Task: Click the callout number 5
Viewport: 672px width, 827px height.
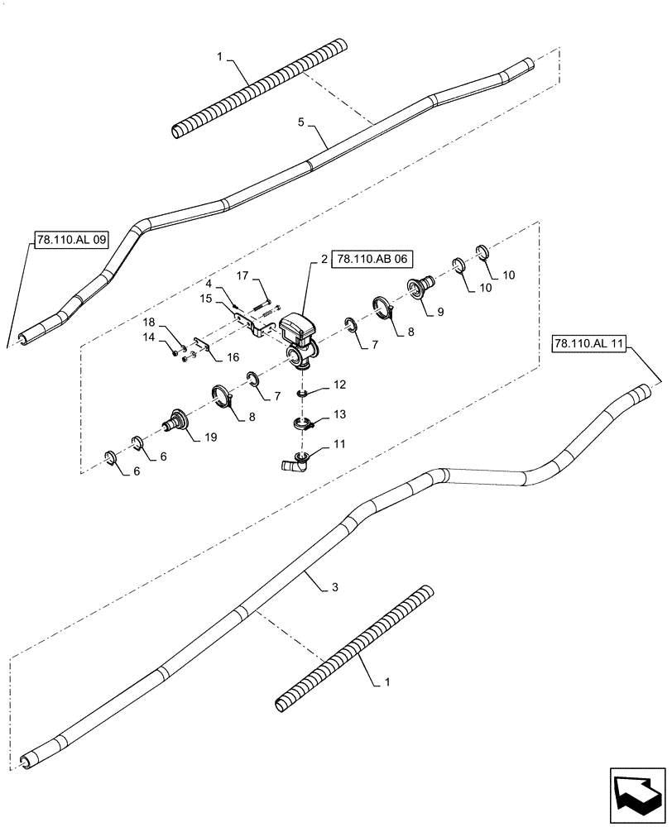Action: click(x=301, y=122)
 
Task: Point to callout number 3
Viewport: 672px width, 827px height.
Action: click(x=334, y=586)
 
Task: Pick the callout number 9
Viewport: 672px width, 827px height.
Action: click(x=440, y=313)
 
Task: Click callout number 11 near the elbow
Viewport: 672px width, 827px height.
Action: click(x=340, y=445)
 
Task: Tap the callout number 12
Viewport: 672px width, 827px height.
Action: click(x=340, y=385)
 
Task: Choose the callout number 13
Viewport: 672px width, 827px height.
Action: click(x=340, y=413)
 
